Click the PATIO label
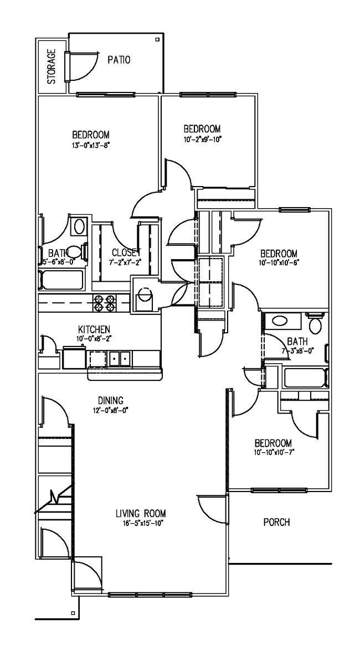[x=119, y=60]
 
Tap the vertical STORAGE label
[x=52, y=66]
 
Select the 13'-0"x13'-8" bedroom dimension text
[x=90, y=146]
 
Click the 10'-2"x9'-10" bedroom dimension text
[x=202, y=139]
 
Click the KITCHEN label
[x=94, y=329]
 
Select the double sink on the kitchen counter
[x=120, y=359]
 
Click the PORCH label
[x=276, y=522]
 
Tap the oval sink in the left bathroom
[x=80, y=226]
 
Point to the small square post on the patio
[x=157, y=39]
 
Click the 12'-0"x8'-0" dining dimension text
[x=110, y=410]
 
